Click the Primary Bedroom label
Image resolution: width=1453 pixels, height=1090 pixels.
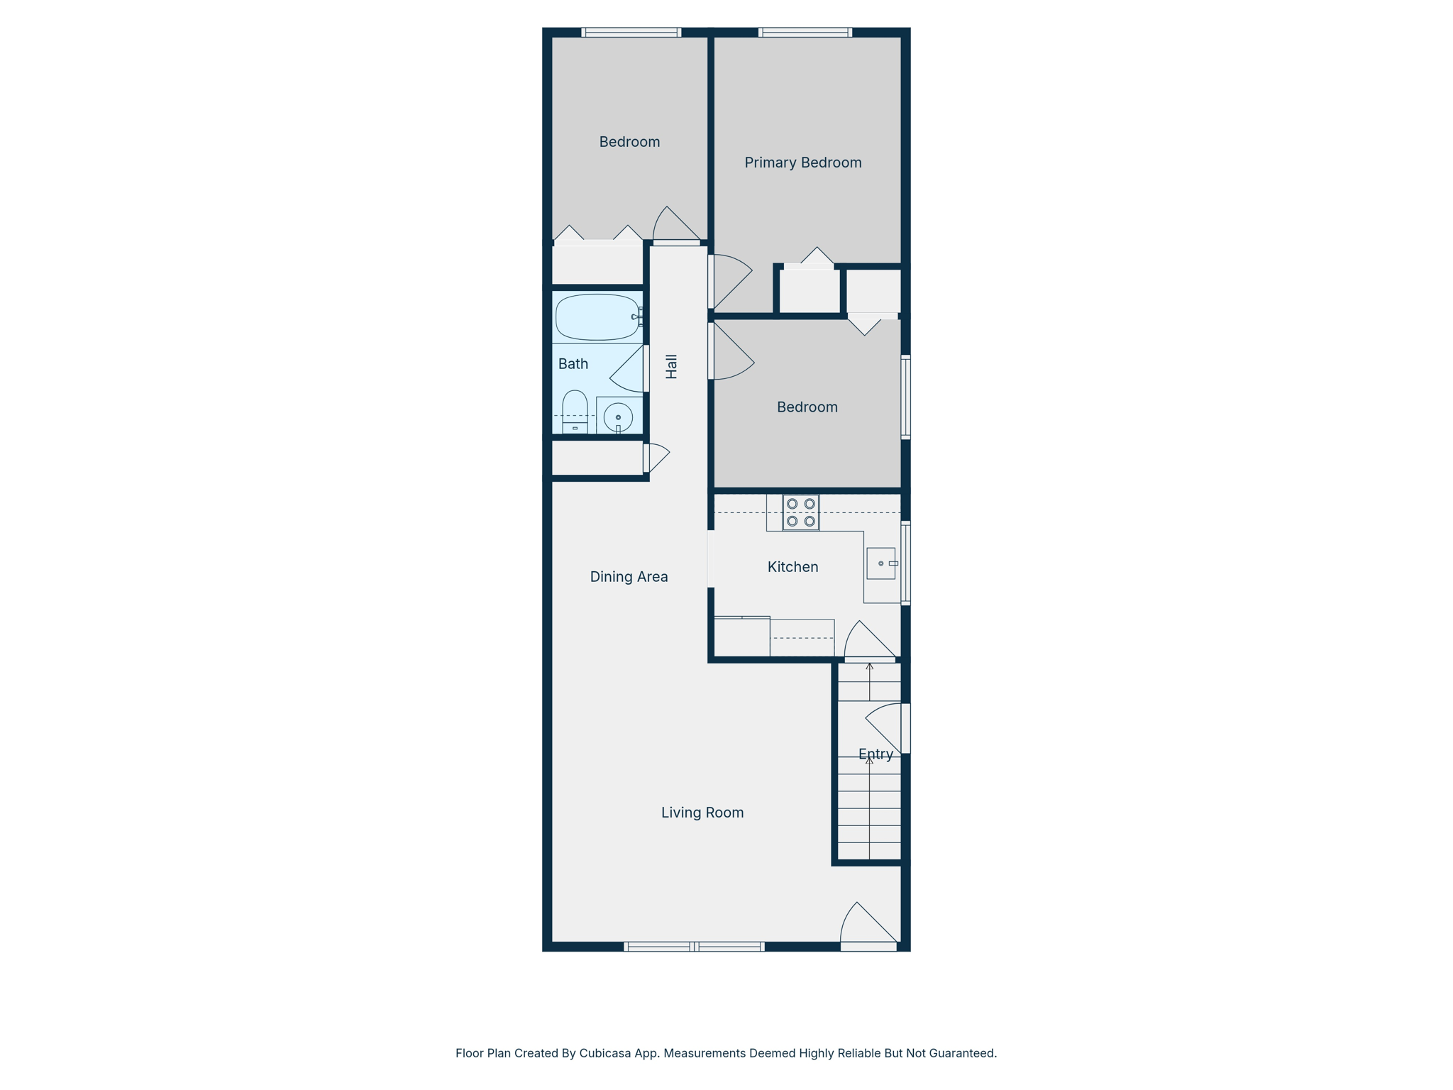pyautogui.click(x=802, y=163)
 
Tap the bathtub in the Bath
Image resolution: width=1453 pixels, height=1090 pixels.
pyautogui.click(x=597, y=317)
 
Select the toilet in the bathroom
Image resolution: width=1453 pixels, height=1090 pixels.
pyautogui.click(x=575, y=412)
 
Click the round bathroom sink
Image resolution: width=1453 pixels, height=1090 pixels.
pyautogui.click(x=618, y=417)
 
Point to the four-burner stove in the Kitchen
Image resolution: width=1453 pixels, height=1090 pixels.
pyautogui.click(x=800, y=512)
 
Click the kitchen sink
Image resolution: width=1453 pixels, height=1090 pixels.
pyautogui.click(x=880, y=563)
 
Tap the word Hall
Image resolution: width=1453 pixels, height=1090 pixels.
pyautogui.click(x=671, y=366)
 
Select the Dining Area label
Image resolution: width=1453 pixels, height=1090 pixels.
pyautogui.click(x=629, y=577)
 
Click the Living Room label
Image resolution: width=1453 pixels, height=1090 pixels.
pyautogui.click(x=702, y=813)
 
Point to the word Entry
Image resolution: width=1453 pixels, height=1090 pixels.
pyautogui.click(x=875, y=754)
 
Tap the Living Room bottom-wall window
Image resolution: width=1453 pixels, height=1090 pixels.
pyautogui.click(x=694, y=946)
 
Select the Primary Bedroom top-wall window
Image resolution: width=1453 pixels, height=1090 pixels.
pyautogui.click(x=805, y=32)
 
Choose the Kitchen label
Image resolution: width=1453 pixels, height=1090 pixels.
pyautogui.click(x=792, y=567)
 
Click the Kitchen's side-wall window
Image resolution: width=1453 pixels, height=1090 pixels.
pyautogui.click(x=905, y=563)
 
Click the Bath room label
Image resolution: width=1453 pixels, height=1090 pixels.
pyautogui.click(x=573, y=364)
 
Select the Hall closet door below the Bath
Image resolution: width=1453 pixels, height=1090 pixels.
pyautogui.click(x=656, y=457)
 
